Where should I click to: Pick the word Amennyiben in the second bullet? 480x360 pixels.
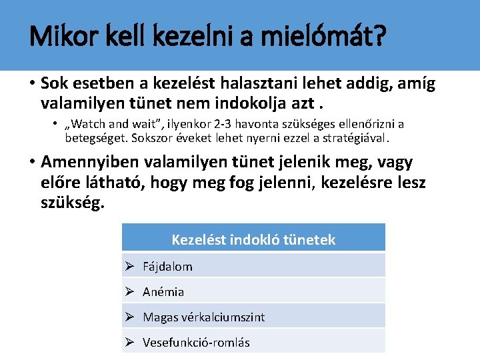pos(85,162)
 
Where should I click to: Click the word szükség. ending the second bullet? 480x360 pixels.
pos(73,202)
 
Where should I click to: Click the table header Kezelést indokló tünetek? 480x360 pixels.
pos(253,239)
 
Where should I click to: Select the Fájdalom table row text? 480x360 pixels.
pos(167,267)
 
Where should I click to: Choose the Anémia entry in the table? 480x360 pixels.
pos(163,292)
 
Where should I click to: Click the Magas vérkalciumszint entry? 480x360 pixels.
pos(203,317)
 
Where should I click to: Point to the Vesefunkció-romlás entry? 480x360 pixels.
pos(196,343)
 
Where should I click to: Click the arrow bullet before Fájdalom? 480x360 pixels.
pos(131,267)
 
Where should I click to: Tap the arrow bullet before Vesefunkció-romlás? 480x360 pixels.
pos(131,343)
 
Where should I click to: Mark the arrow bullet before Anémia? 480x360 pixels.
pos(131,292)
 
